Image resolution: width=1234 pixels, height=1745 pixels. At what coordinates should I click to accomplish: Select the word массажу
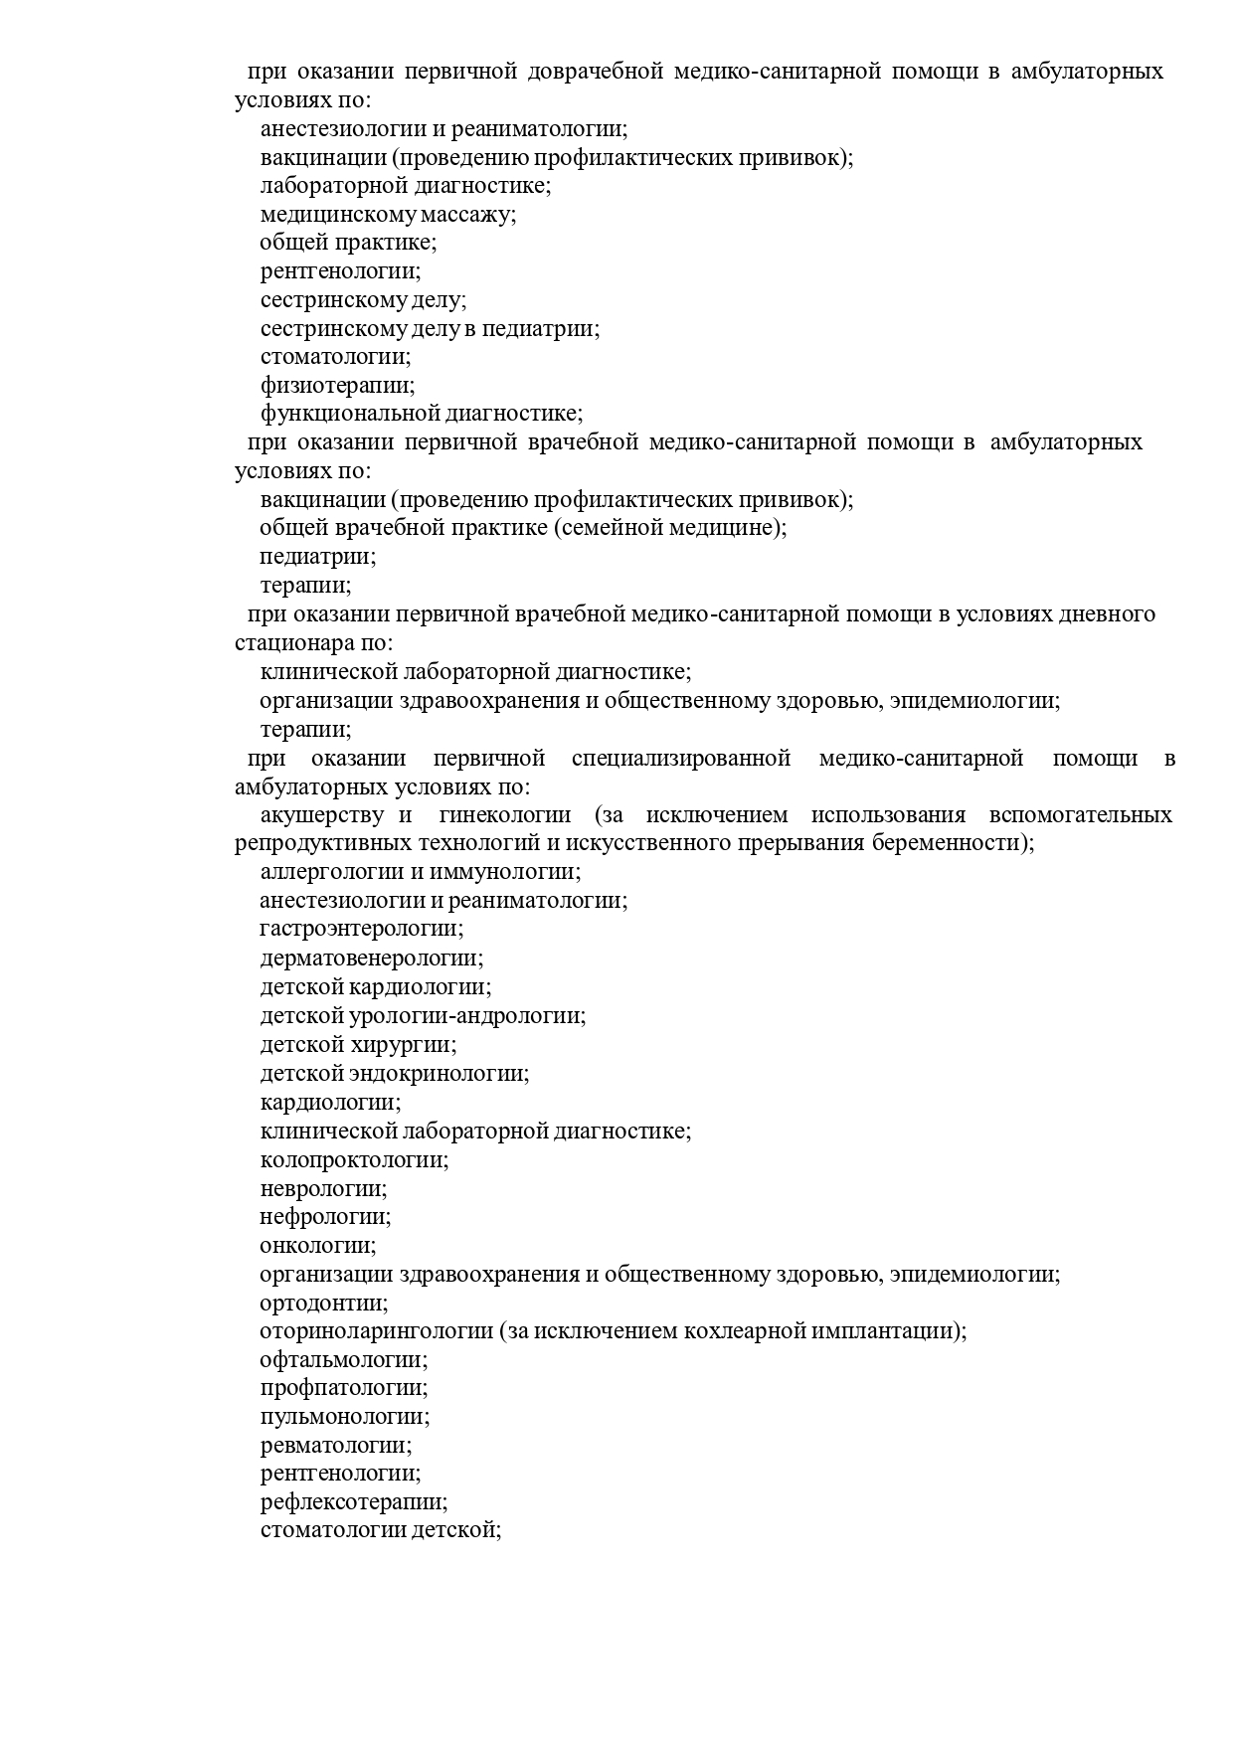tap(468, 214)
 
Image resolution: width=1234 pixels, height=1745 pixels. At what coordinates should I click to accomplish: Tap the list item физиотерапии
tap(337, 385)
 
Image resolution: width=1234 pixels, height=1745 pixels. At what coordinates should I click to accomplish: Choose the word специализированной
tap(681, 759)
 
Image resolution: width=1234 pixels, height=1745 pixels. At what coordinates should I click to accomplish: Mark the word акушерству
tap(322, 815)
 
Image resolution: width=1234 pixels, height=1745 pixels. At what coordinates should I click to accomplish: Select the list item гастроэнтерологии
tap(362, 929)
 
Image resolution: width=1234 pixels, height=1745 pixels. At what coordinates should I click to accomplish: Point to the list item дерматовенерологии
tap(372, 959)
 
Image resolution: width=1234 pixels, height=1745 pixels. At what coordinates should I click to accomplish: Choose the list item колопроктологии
tap(354, 1159)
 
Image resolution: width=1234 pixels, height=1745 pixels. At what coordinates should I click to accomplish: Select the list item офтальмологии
tap(344, 1359)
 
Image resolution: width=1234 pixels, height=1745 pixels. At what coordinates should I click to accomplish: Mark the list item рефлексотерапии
tap(354, 1501)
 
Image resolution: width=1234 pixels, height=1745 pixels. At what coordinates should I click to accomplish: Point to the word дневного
tap(1109, 613)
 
